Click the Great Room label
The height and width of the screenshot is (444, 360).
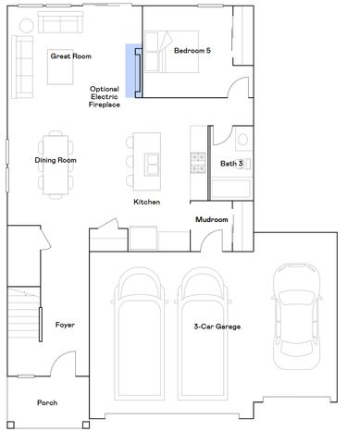pos(71,56)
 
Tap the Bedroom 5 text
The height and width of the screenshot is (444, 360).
pos(192,51)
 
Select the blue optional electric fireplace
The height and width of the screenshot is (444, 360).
pos(131,71)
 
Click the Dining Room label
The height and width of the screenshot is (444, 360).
pos(56,160)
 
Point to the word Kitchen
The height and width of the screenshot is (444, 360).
pos(147,202)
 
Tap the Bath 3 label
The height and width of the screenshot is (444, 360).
pos(231,164)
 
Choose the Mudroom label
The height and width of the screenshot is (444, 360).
pos(211,219)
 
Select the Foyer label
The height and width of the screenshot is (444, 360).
pos(65,325)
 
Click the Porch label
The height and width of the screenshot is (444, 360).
pos(47,402)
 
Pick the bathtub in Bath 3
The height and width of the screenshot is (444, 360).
pos(230,189)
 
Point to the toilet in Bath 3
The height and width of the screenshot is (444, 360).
pos(242,141)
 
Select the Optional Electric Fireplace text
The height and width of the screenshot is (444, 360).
pos(105,95)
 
